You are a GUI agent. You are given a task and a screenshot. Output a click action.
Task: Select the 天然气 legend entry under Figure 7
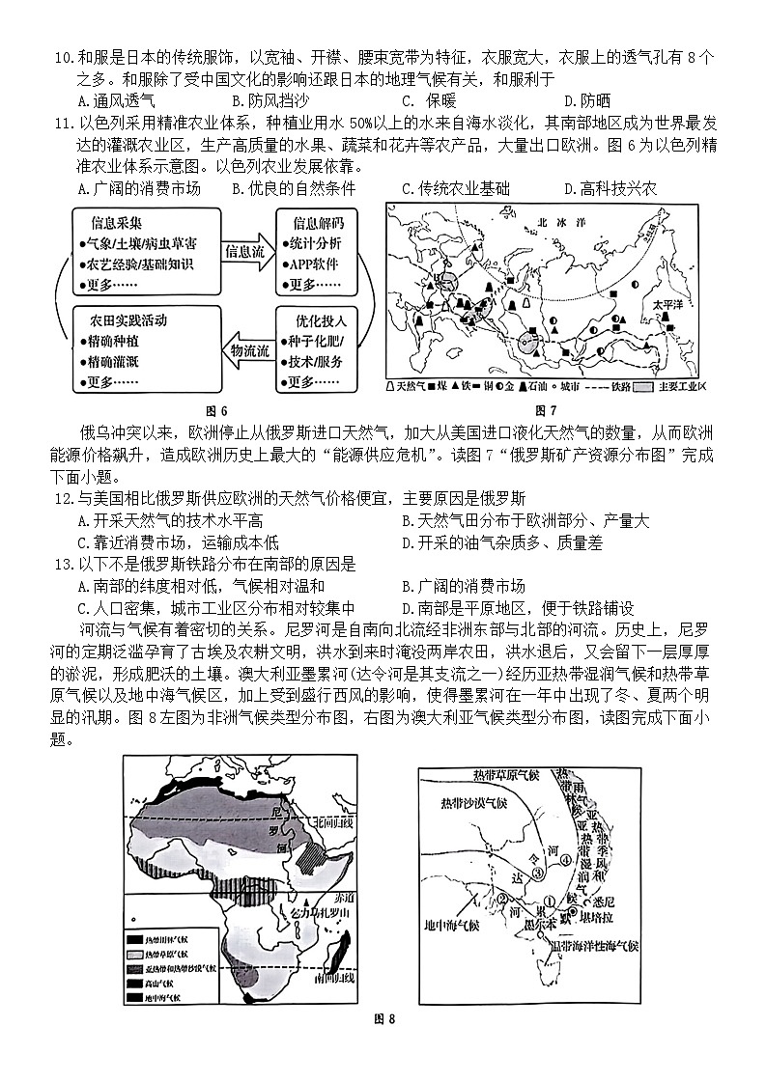point(410,386)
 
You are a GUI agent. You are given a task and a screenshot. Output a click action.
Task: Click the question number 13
point(64,566)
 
